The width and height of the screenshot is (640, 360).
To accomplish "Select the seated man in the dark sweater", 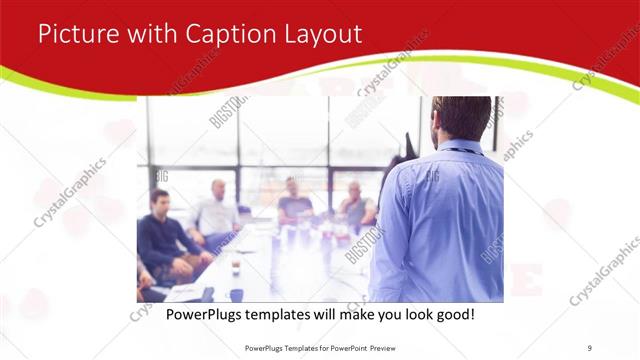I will (161, 240).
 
